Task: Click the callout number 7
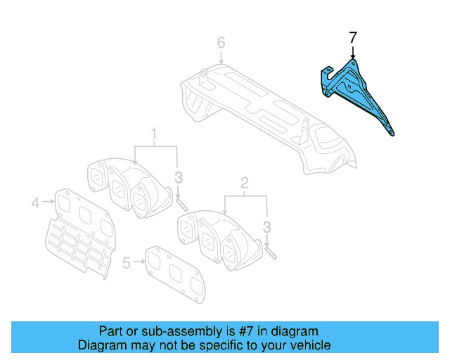[x=353, y=37]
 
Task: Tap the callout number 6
[x=221, y=44]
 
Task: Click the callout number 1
[x=155, y=133]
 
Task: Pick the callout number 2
[x=245, y=184]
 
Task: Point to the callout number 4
[x=34, y=204]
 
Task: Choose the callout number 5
[x=127, y=263]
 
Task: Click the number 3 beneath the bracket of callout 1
[x=179, y=176]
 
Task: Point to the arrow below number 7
[x=353, y=52]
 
